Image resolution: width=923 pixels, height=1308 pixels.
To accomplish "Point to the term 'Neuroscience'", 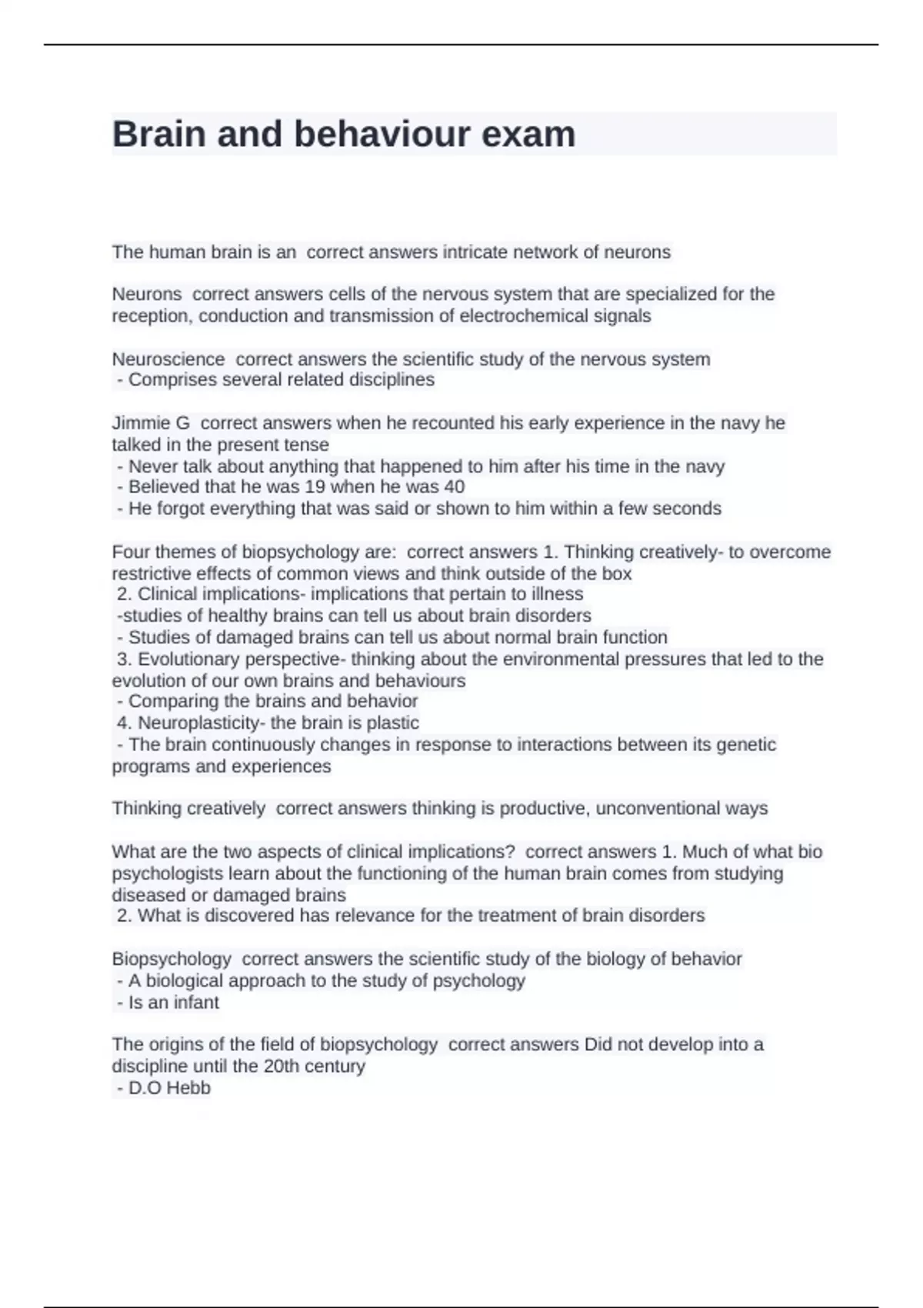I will click(x=168, y=359).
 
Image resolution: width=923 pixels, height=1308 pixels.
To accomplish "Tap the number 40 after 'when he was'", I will click(x=454, y=487).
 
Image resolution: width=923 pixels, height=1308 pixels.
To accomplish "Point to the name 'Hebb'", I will click(x=189, y=1088).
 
